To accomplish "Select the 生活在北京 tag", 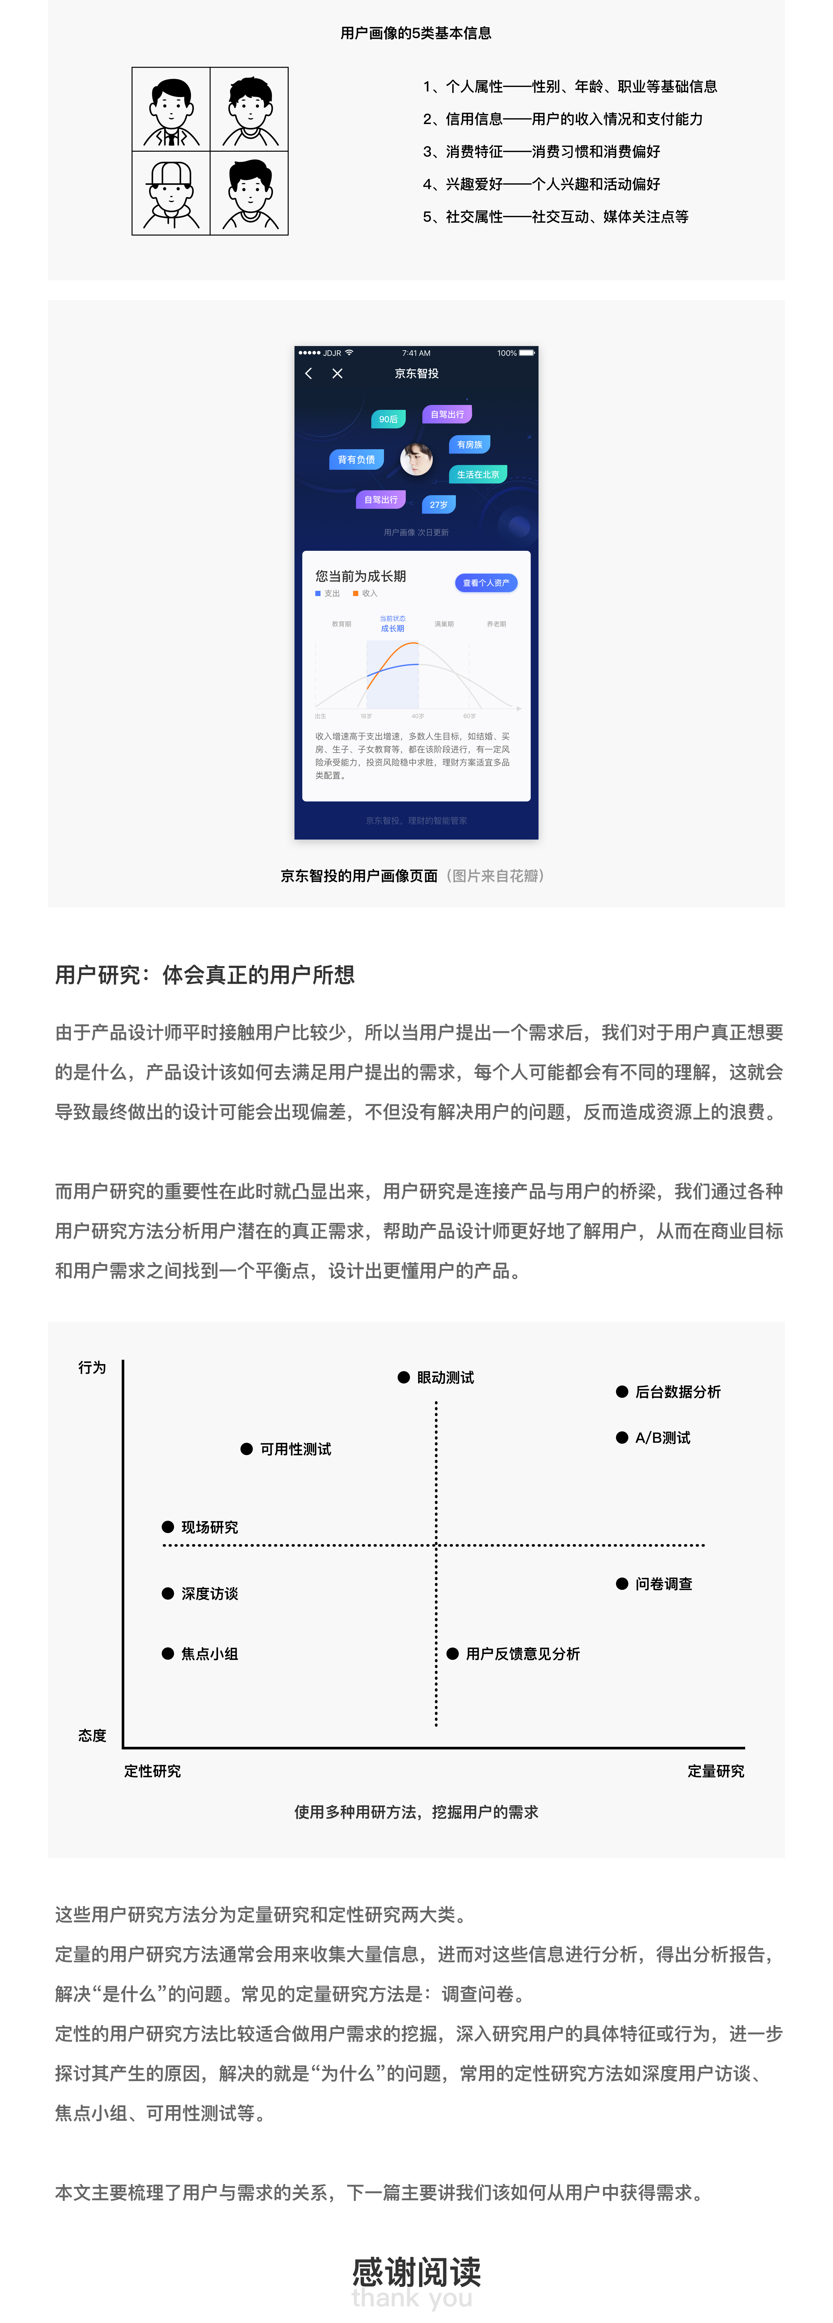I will point(478,474).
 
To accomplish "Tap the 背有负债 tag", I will point(356,460).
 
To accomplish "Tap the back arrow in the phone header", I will point(309,373).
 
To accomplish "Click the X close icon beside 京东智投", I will point(337,373).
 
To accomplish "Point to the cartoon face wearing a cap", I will point(171,192).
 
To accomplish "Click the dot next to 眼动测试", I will point(404,1377).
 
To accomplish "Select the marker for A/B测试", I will point(622,1438).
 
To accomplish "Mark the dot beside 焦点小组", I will point(168,1653).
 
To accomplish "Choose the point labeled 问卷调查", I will point(622,1583).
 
